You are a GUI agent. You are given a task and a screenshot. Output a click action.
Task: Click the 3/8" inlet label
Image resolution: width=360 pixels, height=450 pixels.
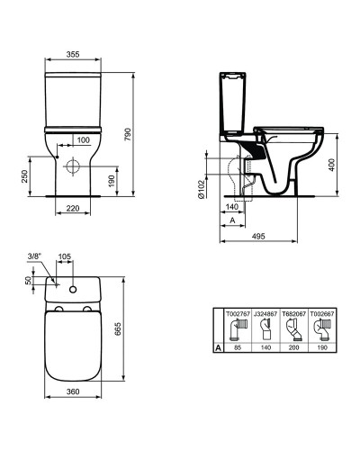pyautogui.click(x=34, y=256)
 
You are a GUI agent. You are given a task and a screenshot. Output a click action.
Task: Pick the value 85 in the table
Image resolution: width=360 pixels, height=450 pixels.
pyautogui.click(x=237, y=346)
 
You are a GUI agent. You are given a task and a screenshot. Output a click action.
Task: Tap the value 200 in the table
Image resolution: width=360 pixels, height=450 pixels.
pyautogui.click(x=292, y=346)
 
